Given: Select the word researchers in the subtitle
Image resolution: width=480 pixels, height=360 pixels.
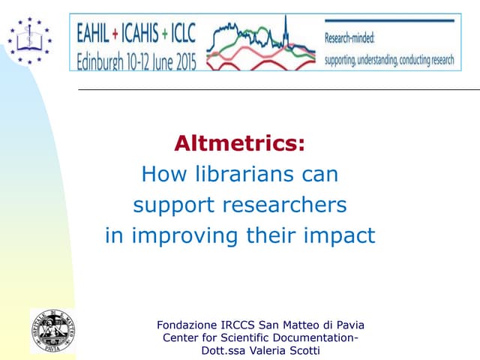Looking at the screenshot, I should pos(292,205).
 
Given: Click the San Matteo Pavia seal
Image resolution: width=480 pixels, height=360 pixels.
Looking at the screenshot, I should pos(52,330).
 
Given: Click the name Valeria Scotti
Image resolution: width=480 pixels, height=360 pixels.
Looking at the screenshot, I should pos(289,350).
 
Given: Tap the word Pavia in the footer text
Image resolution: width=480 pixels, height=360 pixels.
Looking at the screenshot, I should pos(347,325).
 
